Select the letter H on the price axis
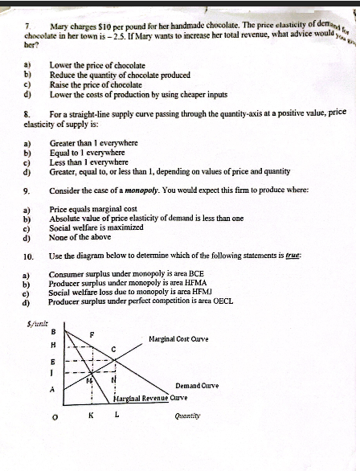pyautogui.click(x=53, y=344)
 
